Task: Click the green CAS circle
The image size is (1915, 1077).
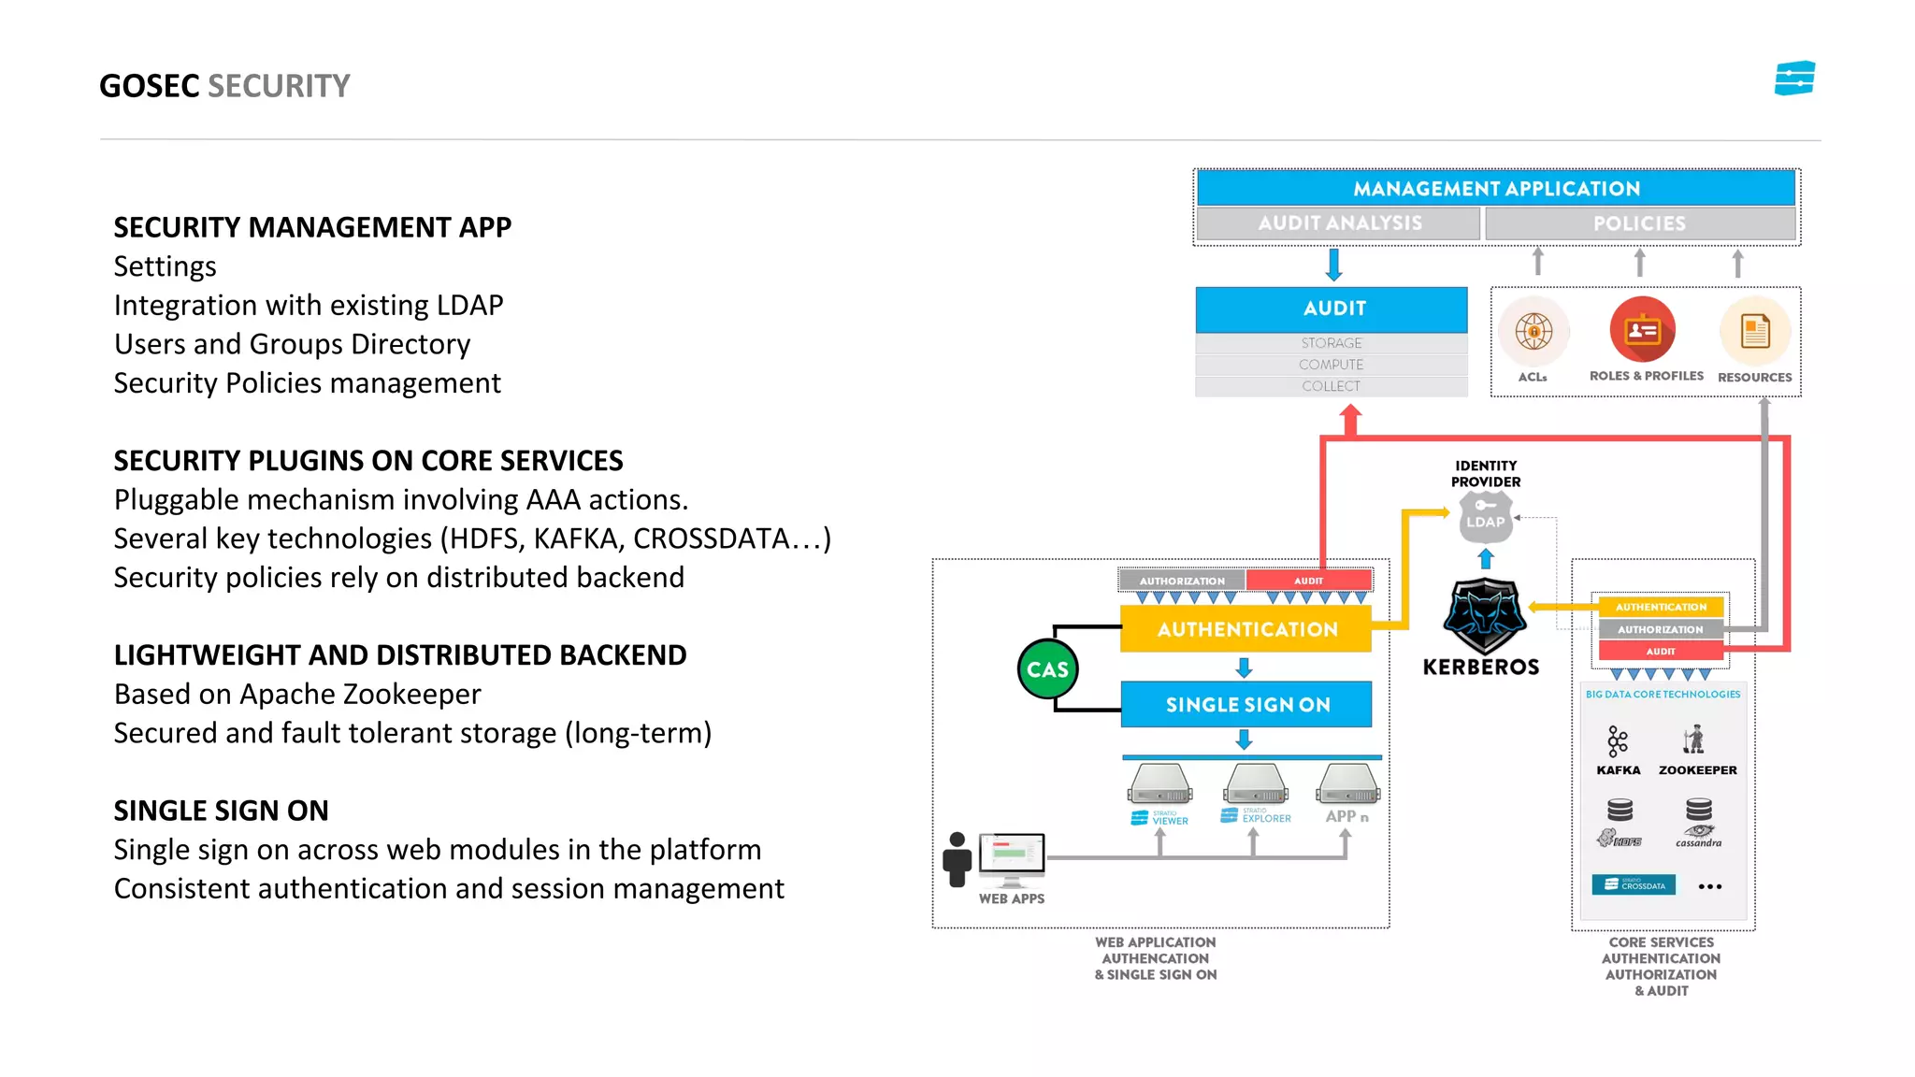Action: point(1047,669)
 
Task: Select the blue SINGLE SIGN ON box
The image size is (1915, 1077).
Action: point(1246,704)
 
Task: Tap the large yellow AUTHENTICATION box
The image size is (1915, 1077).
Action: point(1246,629)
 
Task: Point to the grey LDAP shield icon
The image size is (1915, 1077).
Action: point(1485,518)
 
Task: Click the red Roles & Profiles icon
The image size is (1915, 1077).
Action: point(1642,330)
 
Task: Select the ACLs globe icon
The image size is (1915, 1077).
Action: point(1533,331)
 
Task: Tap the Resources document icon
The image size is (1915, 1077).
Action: point(1754,331)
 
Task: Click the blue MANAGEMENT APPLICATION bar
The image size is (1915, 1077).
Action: point(1496,188)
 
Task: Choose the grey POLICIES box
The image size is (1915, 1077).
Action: point(1639,223)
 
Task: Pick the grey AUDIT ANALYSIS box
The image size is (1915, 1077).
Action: point(1339,223)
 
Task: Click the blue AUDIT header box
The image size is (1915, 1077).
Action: point(1332,309)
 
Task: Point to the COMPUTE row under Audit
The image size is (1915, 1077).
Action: point(1331,365)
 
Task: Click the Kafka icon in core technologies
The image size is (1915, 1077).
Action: point(1618,741)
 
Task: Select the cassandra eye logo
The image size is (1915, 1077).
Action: point(1698,829)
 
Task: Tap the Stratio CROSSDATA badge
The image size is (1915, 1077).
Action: point(1634,884)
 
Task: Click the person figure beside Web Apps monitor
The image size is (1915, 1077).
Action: point(957,859)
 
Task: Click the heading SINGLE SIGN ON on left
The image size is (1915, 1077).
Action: point(221,811)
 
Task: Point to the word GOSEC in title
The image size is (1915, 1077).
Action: point(150,86)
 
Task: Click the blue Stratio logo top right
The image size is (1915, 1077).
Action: point(1794,79)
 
